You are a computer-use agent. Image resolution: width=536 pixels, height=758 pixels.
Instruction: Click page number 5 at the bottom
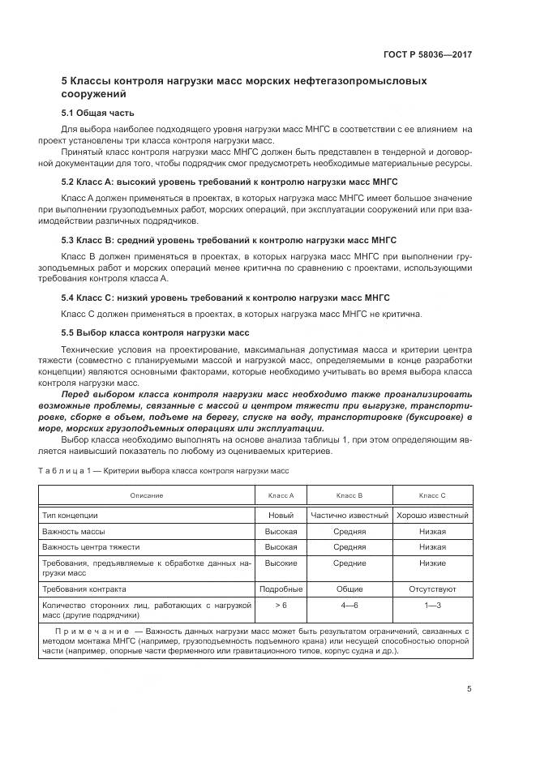click(470, 689)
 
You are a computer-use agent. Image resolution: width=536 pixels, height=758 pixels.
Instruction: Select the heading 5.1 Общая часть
click(98, 113)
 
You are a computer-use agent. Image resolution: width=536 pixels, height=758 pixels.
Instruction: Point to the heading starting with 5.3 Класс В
click(229, 241)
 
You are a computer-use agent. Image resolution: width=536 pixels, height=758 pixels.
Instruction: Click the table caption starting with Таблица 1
click(163, 470)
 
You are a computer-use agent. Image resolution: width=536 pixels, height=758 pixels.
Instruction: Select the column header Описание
click(146, 495)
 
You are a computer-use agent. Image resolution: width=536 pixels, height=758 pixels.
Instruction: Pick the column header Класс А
click(281, 495)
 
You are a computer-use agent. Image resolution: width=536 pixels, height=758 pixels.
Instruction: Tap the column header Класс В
click(349, 495)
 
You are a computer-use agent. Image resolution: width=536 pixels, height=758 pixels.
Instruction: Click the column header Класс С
click(432, 495)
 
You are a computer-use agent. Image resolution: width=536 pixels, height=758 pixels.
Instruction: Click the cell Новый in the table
click(281, 515)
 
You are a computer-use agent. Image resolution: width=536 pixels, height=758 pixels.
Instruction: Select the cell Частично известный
click(349, 515)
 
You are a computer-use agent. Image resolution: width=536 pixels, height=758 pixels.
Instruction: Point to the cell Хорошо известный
click(432, 515)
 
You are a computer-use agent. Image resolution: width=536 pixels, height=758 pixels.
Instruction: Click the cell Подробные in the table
click(281, 589)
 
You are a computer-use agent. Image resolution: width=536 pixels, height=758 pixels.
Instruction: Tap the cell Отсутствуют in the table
click(432, 589)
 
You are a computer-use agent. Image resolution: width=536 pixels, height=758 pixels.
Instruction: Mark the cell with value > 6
click(281, 606)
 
